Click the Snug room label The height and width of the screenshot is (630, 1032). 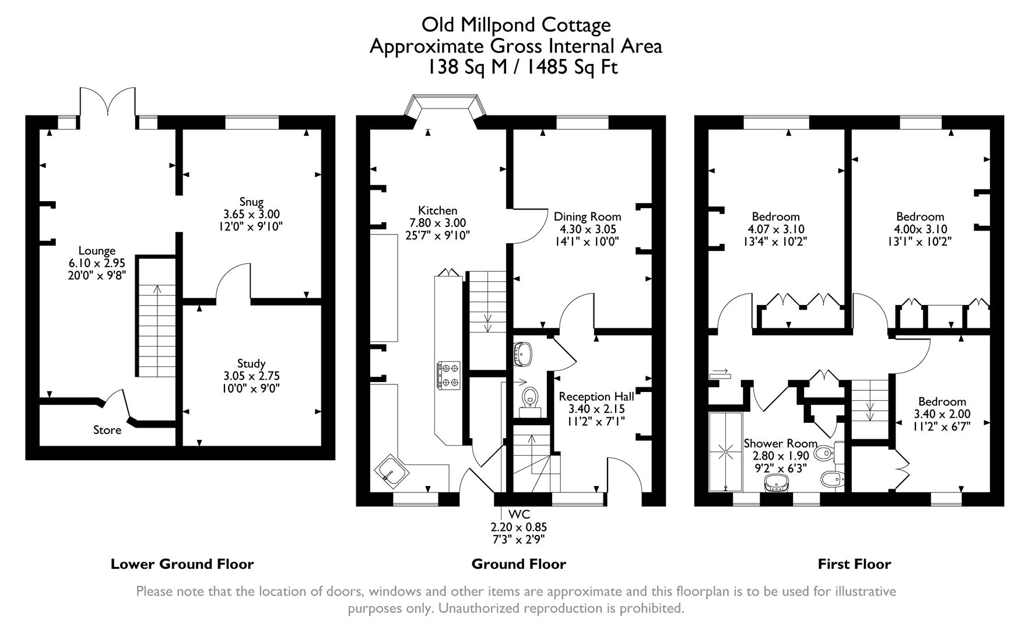coord(251,202)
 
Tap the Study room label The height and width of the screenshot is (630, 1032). coord(251,363)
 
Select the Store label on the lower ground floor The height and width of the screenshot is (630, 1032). coord(107,430)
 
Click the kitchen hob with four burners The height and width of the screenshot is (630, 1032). coord(448,374)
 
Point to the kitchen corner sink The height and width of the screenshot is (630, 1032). coord(389,470)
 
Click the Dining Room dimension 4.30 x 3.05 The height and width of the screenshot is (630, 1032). coord(588,229)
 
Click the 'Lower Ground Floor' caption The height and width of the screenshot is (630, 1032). coord(182,564)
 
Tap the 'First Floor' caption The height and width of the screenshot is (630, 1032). coord(854,564)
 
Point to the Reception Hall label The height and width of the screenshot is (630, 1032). coord(596,397)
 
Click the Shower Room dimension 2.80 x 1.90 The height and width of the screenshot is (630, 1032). coord(780,456)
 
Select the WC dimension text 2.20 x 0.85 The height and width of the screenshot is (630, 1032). coord(518,527)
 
